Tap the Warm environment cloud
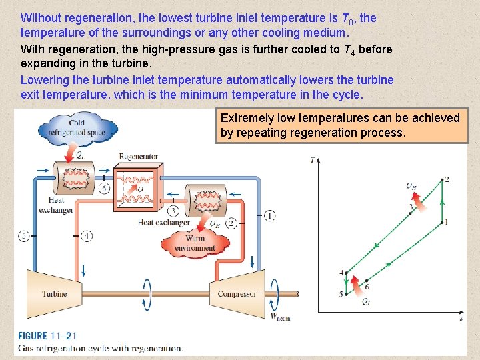click(195, 243)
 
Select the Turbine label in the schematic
click(55, 294)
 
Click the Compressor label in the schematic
click(237, 294)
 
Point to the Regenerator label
click(138, 157)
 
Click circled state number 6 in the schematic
click(104, 189)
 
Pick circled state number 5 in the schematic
click(24, 235)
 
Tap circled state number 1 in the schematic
click(269, 215)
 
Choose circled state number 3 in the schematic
click(173, 211)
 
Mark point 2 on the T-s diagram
click(441, 179)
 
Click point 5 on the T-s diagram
click(346, 294)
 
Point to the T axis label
click(313, 160)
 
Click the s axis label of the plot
click(461, 319)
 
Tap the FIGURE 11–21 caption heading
click(51, 336)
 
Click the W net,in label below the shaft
click(280, 317)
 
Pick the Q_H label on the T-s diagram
click(411, 186)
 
